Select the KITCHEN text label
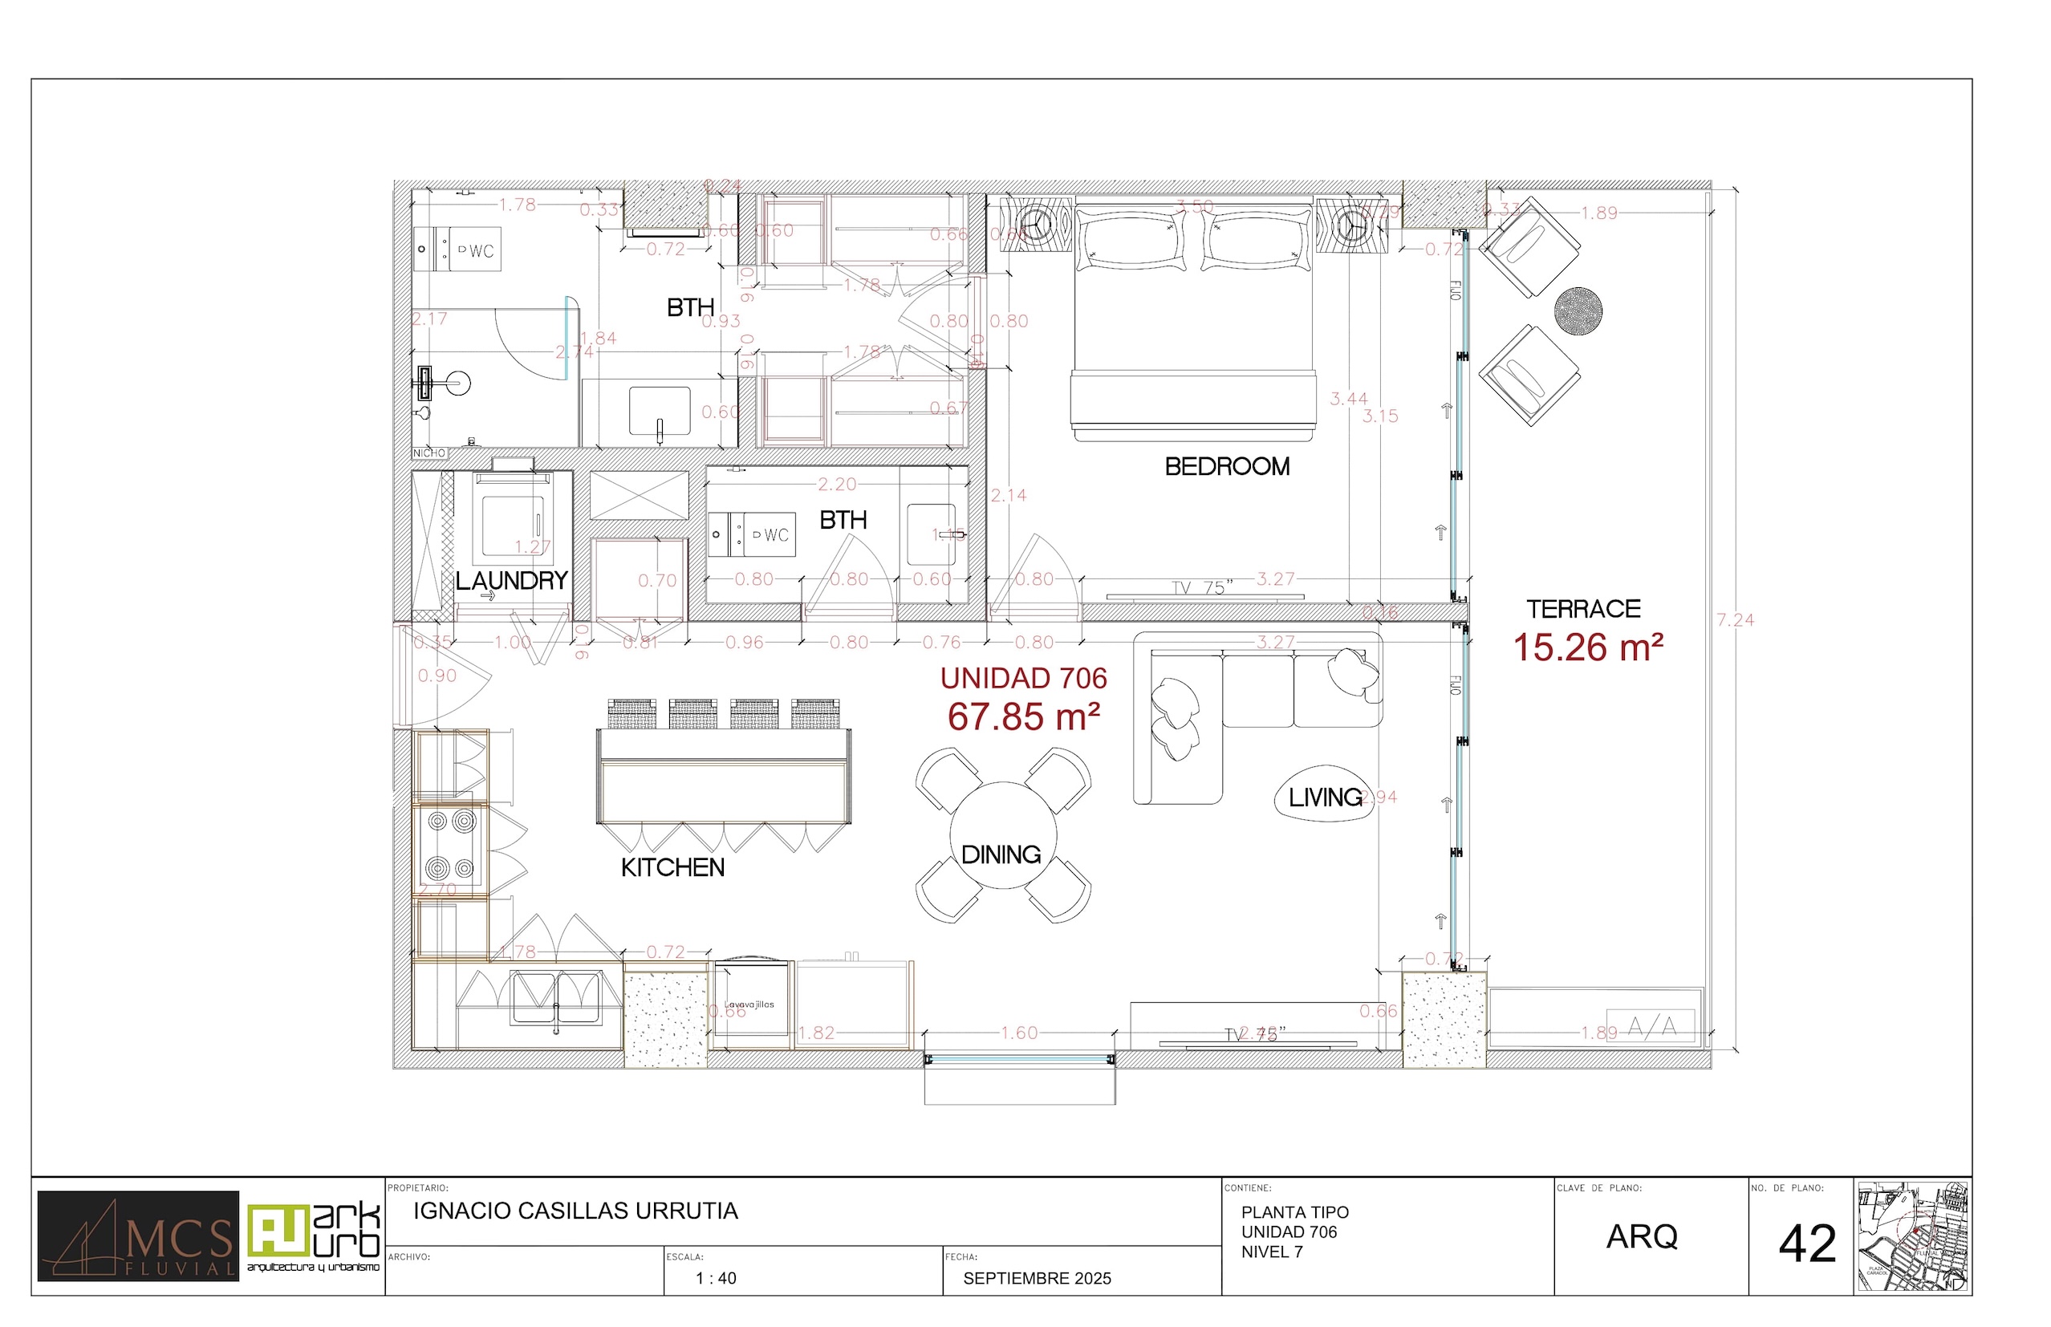pyautogui.click(x=672, y=868)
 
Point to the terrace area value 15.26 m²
pyautogui.click(x=1587, y=648)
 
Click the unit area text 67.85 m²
pyautogui.click(x=1023, y=717)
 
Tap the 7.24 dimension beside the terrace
pyautogui.click(x=1735, y=619)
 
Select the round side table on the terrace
pyautogui.click(x=1578, y=310)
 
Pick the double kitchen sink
pyautogui.click(x=556, y=998)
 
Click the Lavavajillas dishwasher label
pyautogui.click(x=749, y=1004)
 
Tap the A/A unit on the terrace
pyautogui.click(x=1651, y=1025)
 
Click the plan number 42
pyautogui.click(x=1807, y=1244)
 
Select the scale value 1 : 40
pyautogui.click(x=715, y=1278)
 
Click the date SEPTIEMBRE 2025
pyautogui.click(x=1037, y=1278)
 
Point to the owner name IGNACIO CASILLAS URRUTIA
pyautogui.click(x=575, y=1211)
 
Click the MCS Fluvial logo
pyautogui.click(x=138, y=1236)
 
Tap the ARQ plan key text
pyautogui.click(x=1641, y=1236)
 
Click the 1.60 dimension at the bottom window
pyautogui.click(x=1018, y=1033)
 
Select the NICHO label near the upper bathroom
pyautogui.click(x=429, y=453)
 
